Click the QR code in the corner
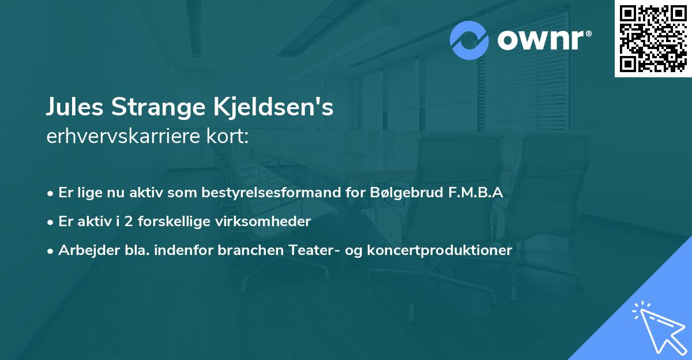653,39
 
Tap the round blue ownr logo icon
469,40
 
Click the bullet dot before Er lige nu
51,193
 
